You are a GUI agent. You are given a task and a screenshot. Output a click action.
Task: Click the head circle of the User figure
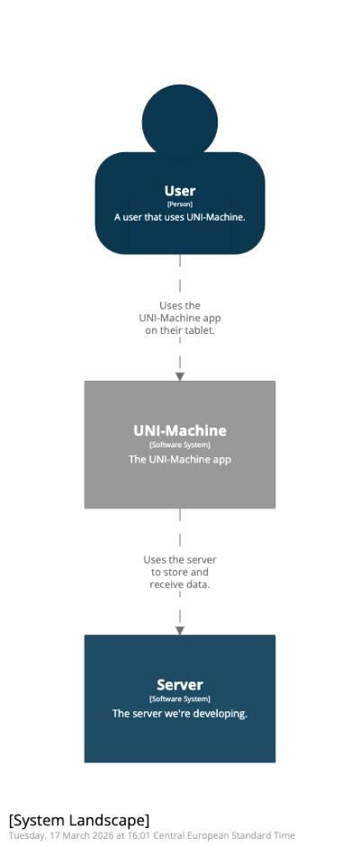click(180, 122)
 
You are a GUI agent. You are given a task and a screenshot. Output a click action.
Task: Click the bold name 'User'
click(180, 191)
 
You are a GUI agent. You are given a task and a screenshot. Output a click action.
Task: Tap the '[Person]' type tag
click(180, 204)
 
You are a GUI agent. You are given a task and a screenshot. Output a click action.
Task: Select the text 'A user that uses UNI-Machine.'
click(180, 217)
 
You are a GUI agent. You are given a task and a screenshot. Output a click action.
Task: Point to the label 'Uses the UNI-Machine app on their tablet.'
click(180, 318)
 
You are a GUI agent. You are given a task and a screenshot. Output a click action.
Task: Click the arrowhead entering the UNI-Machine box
click(180, 376)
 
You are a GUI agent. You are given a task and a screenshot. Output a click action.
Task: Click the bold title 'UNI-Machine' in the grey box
click(180, 430)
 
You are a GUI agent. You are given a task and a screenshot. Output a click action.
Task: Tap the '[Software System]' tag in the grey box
click(180, 446)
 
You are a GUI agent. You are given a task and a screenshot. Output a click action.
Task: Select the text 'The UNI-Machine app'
click(180, 460)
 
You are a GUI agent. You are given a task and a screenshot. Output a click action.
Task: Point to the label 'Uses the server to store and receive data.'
click(180, 572)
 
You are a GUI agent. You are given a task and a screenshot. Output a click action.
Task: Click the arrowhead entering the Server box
click(180, 631)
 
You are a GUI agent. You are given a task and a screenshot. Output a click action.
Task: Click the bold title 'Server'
click(180, 685)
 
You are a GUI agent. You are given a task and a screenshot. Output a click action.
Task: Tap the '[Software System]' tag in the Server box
click(180, 699)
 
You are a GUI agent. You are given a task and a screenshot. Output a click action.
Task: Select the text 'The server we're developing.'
click(180, 714)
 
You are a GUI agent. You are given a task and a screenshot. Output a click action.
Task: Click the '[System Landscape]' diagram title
click(79, 821)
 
